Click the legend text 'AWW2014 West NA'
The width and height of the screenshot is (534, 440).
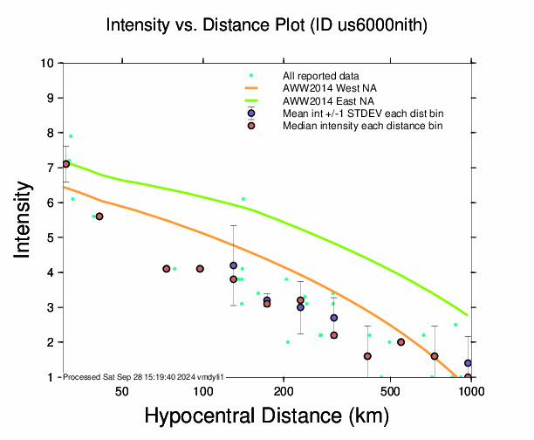[322, 89]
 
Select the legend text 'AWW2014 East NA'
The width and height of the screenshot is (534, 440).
[322, 101]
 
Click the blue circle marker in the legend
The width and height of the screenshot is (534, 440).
[250, 113]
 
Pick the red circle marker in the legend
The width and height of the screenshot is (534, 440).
[250, 127]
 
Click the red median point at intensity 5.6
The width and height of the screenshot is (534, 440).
[99, 217]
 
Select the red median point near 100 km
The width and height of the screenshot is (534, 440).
[200, 269]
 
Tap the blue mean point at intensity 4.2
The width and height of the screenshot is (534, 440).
[233, 265]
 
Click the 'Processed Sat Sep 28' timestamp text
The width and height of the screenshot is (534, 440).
[144, 376]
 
